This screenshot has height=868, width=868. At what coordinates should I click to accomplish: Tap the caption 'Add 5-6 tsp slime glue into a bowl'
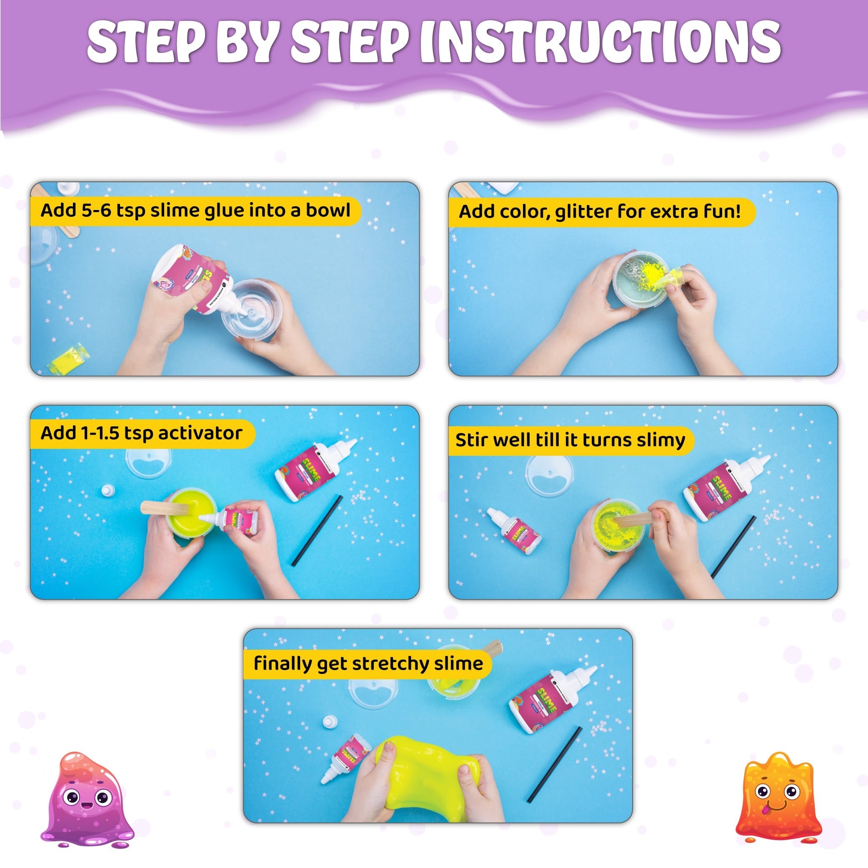pos(195,210)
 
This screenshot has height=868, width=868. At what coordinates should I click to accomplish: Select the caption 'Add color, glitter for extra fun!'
pos(600,211)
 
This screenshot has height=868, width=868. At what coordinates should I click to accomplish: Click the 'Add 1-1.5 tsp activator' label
pos(142,433)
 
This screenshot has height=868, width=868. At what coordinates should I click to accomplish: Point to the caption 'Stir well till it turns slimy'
pos(570,440)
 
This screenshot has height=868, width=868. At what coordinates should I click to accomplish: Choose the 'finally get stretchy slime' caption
pos(368,663)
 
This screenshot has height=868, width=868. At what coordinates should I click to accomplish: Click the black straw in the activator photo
pos(317,530)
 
